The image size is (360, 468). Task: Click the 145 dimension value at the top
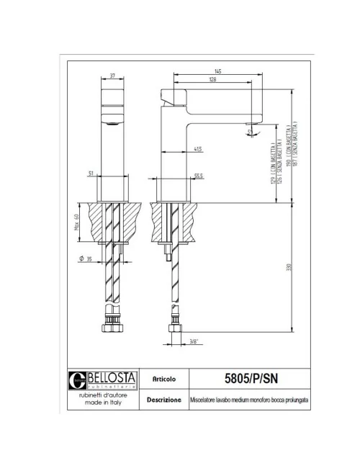click(x=217, y=70)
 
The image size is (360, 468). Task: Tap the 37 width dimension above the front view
click(x=113, y=74)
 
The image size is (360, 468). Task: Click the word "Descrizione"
click(x=163, y=399)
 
